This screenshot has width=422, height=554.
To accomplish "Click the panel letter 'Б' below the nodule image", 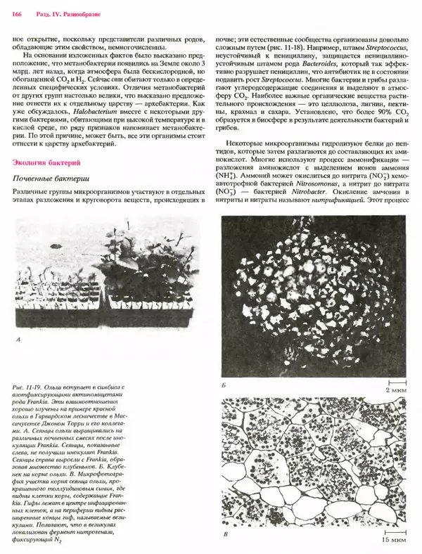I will coord(223,387).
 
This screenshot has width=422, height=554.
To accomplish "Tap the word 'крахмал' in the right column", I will coord(263,111).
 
